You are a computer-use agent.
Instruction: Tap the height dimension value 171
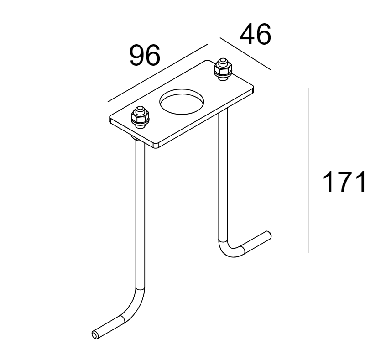coord(344,183)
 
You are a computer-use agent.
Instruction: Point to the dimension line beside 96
coord(157,73)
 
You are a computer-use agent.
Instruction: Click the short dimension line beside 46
coord(245,53)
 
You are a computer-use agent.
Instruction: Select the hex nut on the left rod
coord(140,118)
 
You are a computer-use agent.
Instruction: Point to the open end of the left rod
coord(95,335)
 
